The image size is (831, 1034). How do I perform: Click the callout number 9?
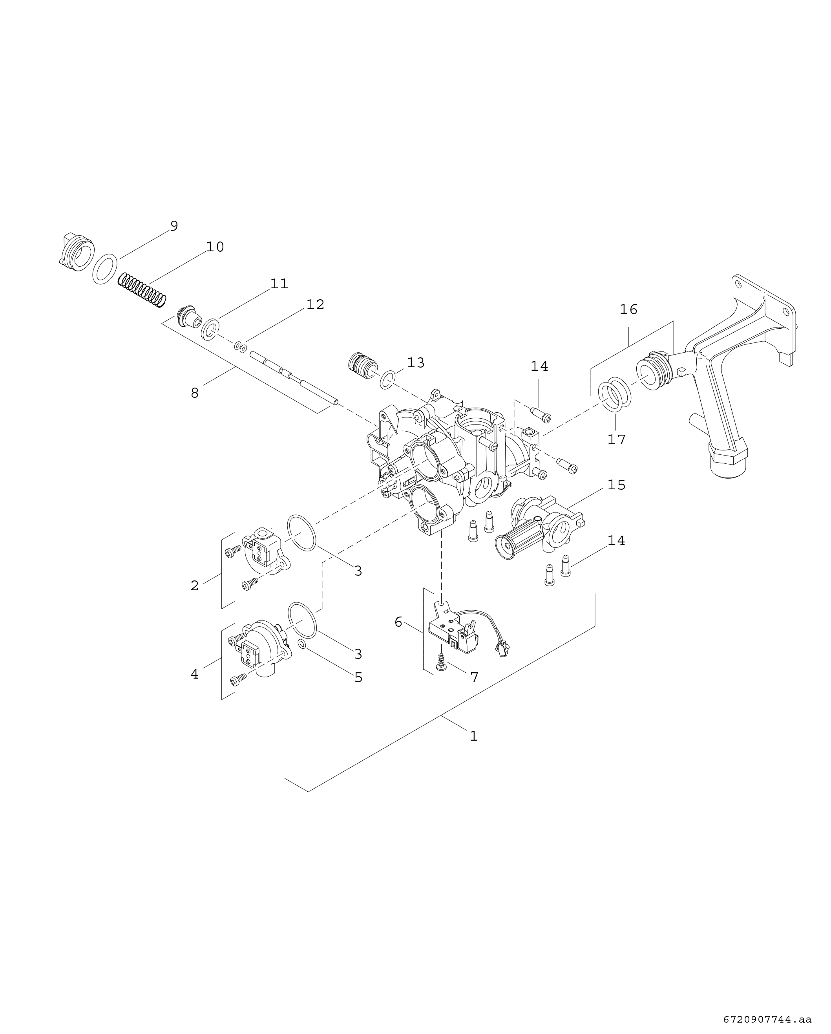click(174, 226)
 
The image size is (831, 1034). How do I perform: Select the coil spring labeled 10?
click(142, 290)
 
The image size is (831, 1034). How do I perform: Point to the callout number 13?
click(416, 363)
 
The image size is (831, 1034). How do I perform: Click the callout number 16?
click(628, 310)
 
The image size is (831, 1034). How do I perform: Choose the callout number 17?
click(617, 439)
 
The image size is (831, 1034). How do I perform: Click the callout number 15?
click(617, 485)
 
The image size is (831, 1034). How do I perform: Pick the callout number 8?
click(195, 393)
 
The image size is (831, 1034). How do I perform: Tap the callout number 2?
click(195, 586)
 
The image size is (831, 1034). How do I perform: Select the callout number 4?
click(194, 674)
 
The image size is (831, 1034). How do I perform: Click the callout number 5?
click(358, 678)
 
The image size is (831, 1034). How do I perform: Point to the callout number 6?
click(398, 622)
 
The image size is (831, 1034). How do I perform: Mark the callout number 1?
click(474, 736)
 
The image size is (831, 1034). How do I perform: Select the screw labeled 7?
click(441, 659)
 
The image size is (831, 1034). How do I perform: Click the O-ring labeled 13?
click(388, 379)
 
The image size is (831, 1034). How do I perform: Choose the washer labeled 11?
click(210, 329)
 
